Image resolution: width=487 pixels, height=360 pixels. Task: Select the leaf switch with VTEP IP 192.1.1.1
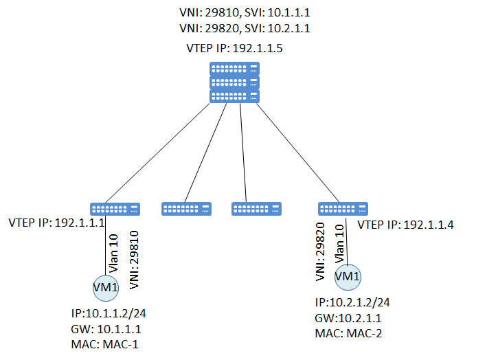pos(115,208)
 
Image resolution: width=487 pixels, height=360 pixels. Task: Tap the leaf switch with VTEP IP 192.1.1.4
pos(343,208)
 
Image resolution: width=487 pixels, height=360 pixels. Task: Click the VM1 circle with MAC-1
pos(105,287)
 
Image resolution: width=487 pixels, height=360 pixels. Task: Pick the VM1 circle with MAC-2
pos(347,277)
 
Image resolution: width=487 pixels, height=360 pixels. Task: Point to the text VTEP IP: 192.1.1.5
pos(235,49)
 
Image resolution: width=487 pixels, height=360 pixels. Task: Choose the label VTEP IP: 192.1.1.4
pos(407,225)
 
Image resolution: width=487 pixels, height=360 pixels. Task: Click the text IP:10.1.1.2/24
pos(109,313)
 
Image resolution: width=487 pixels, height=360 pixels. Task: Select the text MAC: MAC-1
pos(104,344)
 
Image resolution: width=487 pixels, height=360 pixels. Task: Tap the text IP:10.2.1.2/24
pos(352,303)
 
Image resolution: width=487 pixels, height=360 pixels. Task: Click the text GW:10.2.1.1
pos(347,318)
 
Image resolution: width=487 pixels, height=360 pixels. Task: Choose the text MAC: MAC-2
pos(350,333)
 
